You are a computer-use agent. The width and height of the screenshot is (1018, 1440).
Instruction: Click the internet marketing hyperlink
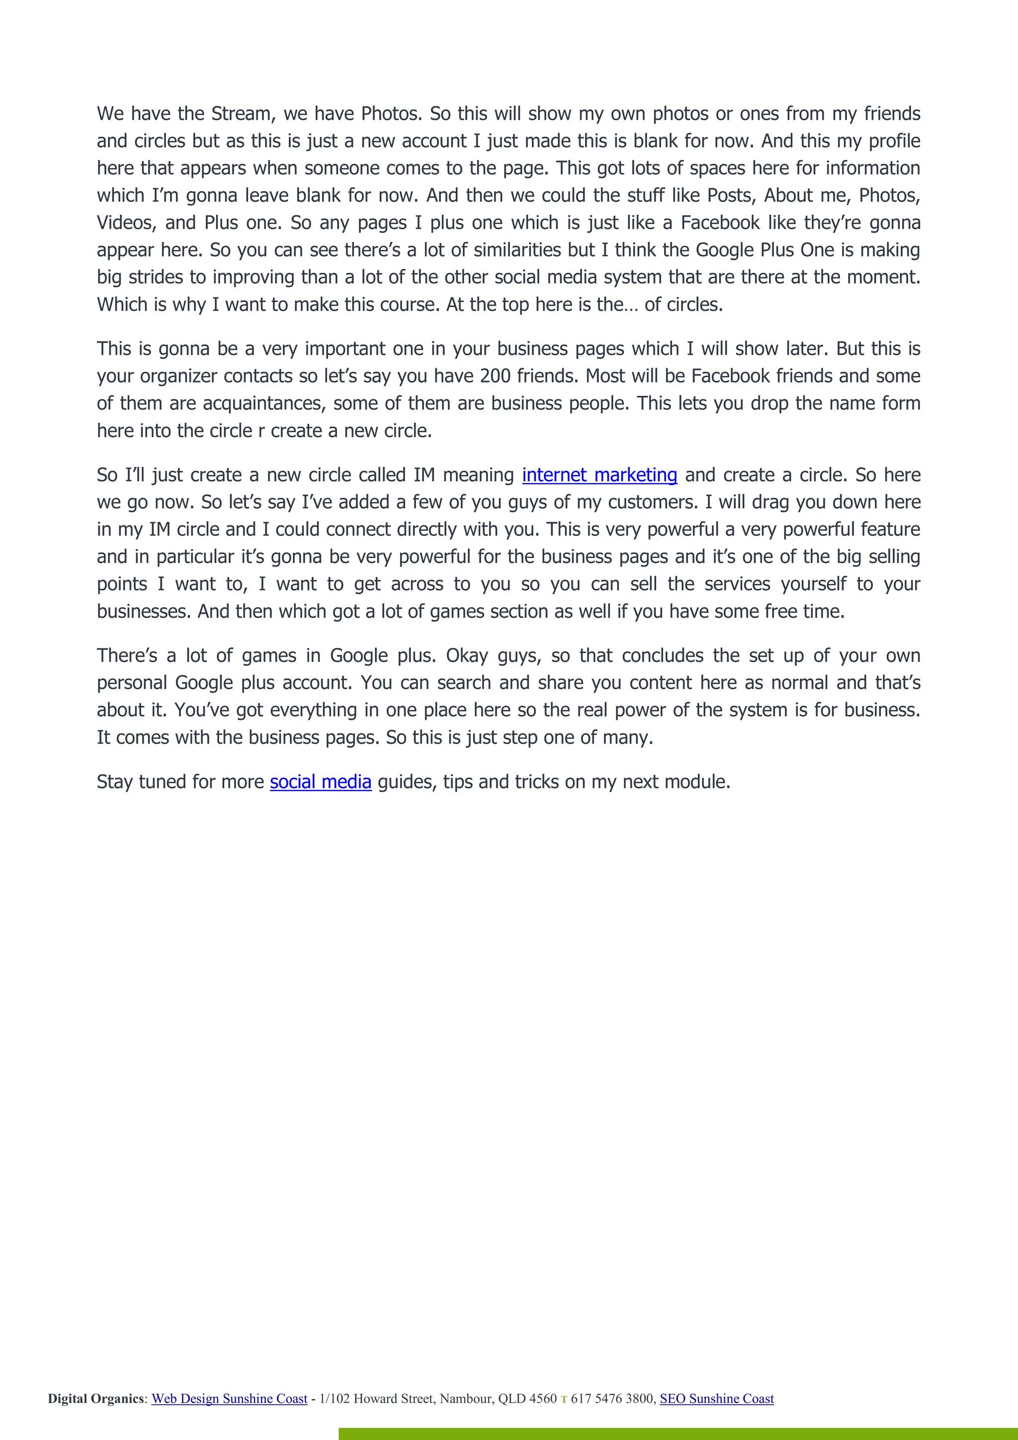(599, 475)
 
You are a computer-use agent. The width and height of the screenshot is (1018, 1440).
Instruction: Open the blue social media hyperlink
(321, 782)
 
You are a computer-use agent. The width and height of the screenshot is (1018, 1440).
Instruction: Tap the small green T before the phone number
(563, 1399)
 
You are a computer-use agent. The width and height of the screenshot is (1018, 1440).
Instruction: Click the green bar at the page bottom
(678, 1434)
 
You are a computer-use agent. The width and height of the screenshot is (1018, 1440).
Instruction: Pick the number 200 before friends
(496, 376)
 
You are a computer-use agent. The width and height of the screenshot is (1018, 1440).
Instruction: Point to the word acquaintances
(263, 403)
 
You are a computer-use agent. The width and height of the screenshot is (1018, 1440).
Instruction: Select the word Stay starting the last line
(114, 782)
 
